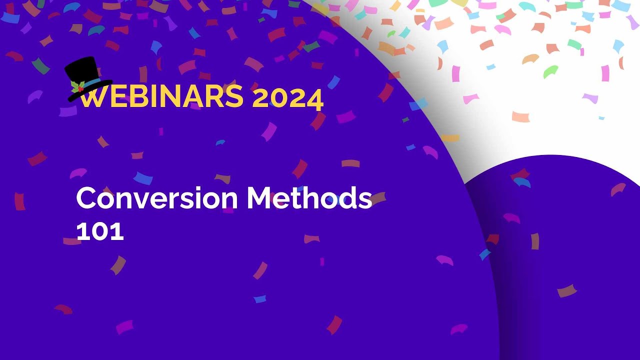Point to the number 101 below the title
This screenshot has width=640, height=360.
[100, 231]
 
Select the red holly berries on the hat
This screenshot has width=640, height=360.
[80, 88]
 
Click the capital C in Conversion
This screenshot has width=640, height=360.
[86, 198]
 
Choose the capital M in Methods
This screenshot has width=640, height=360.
[259, 198]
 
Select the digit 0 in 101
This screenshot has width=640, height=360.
[100, 231]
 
